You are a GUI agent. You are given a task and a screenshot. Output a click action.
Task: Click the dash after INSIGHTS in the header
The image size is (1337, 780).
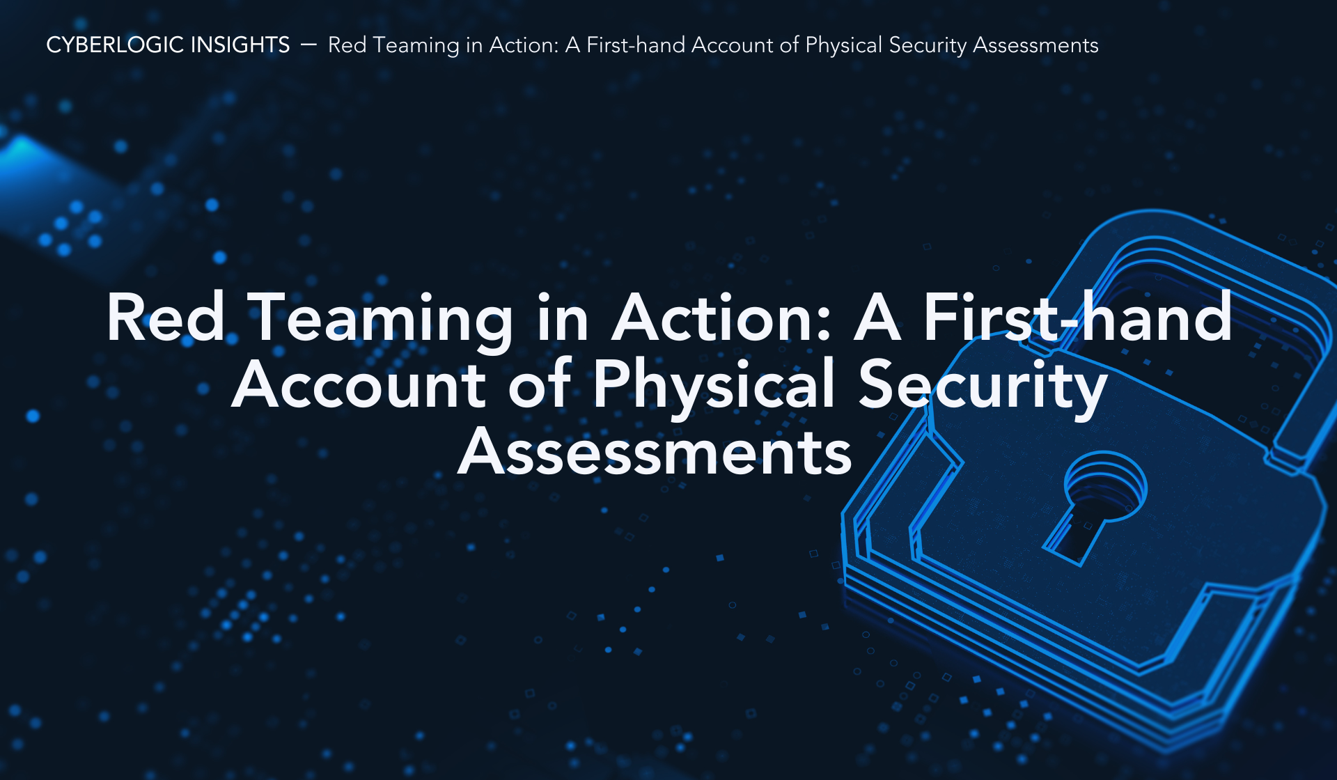click(x=308, y=45)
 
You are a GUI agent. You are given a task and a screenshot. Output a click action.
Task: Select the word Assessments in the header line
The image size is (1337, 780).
click(x=1035, y=45)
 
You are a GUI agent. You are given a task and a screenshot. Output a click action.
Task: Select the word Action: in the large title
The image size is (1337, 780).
click(x=721, y=318)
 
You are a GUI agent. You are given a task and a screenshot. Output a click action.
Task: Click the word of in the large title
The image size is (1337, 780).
click(x=540, y=384)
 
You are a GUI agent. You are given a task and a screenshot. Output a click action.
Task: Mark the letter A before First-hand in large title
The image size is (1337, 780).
click(x=877, y=318)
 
